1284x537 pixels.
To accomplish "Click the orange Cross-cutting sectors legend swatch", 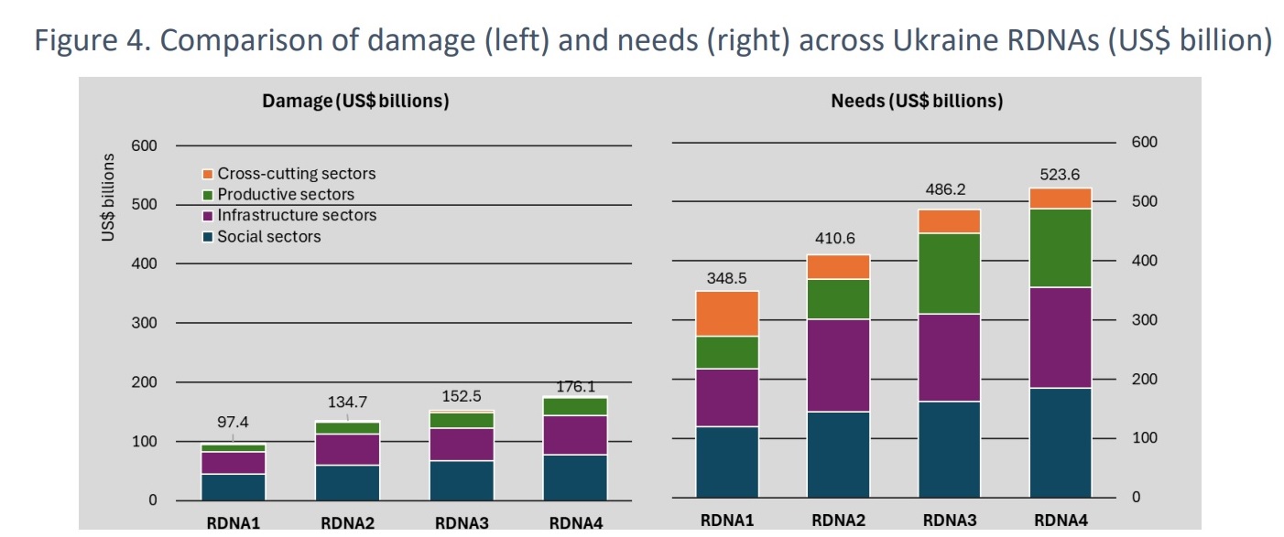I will tap(207, 174).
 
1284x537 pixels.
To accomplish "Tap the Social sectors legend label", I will tap(269, 237).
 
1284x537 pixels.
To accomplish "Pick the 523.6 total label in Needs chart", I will tap(1060, 174).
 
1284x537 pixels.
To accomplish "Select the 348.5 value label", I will tap(727, 277).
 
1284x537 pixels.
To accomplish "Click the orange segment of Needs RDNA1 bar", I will tap(727, 314).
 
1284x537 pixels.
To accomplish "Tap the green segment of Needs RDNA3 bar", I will tap(949, 274).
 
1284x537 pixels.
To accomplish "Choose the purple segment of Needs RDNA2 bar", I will tap(838, 365).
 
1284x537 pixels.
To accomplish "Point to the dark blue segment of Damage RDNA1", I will tap(233, 486).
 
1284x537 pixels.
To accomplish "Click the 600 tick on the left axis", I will tap(145, 145).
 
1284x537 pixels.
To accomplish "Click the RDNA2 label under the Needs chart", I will tap(838, 521).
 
